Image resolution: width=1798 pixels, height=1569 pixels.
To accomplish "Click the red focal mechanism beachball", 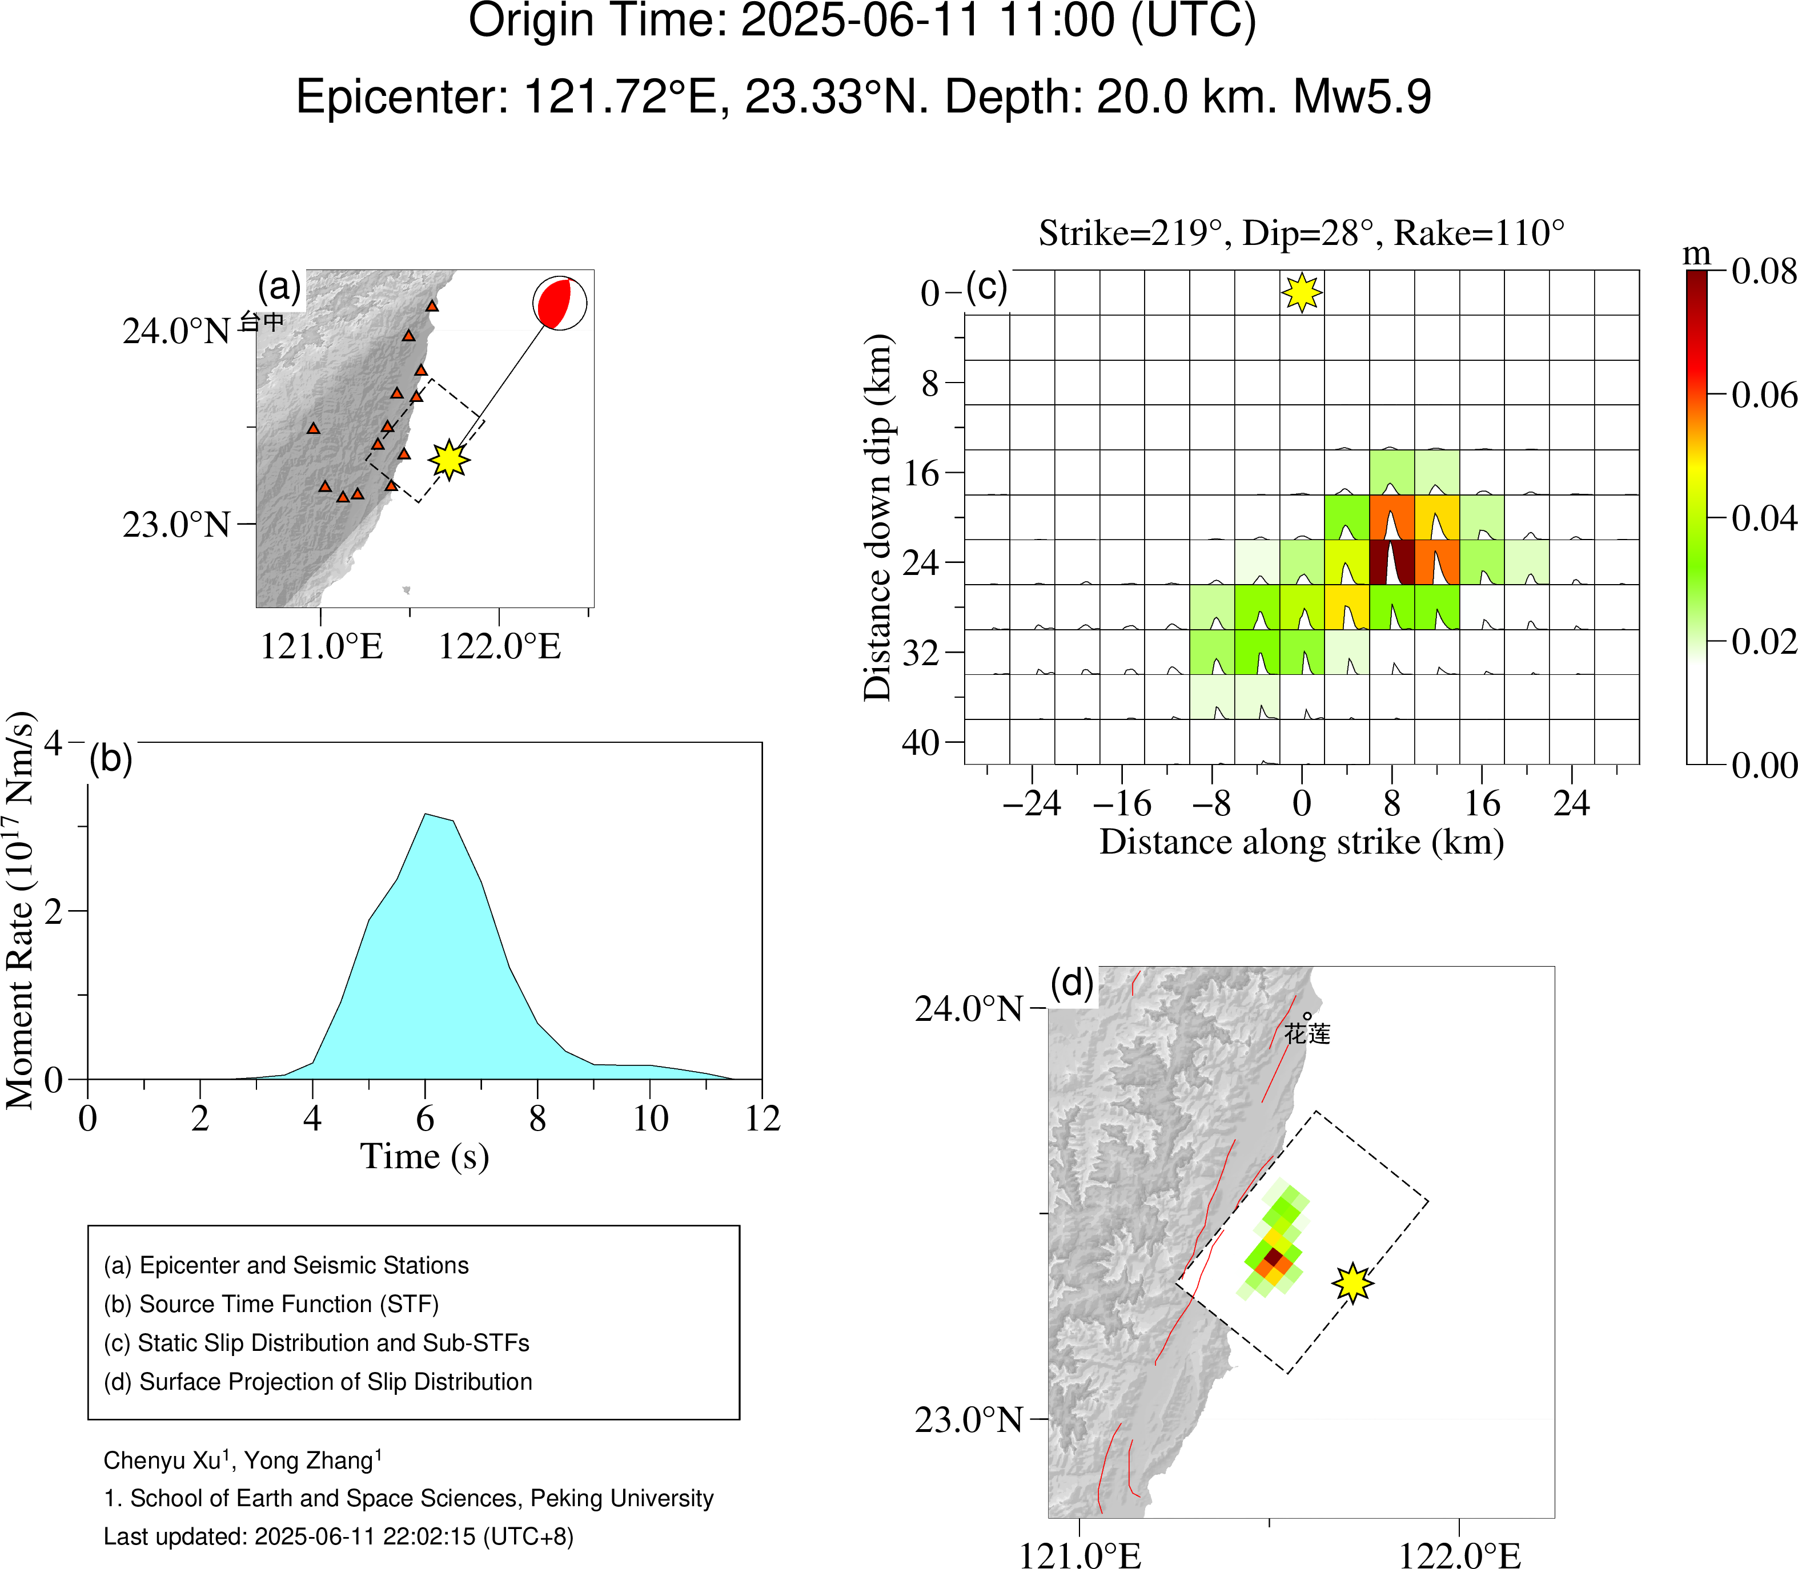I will (560, 303).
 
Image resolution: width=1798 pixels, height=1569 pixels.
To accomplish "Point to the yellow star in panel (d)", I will (1353, 1284).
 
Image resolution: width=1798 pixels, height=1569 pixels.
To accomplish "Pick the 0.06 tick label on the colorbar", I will (1764, 396).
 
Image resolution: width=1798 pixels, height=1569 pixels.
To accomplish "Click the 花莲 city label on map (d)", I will (1307, 1033).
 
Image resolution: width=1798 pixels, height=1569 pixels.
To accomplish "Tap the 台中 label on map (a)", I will (262, 321).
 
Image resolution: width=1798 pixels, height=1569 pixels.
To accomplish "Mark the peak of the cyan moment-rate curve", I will (426, 815).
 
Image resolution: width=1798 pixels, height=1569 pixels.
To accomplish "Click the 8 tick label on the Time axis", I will (537, 1119).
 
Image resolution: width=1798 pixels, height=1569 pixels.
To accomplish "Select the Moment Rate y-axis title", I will (21, 911).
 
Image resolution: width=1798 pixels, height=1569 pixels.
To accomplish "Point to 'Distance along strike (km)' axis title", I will (1302, 842).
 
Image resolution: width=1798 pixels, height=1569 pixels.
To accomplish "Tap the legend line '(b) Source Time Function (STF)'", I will (271, 1304).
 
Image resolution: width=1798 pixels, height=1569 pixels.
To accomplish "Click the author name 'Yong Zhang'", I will (309, 1461).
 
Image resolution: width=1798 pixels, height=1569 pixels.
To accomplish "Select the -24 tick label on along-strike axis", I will (1031, 803).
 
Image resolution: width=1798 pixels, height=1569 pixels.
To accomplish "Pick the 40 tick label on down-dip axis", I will (921, 742).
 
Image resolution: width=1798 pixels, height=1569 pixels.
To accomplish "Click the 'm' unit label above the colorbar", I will (1696, 254).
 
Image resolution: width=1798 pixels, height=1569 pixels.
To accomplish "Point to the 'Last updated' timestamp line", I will (338, 1536).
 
